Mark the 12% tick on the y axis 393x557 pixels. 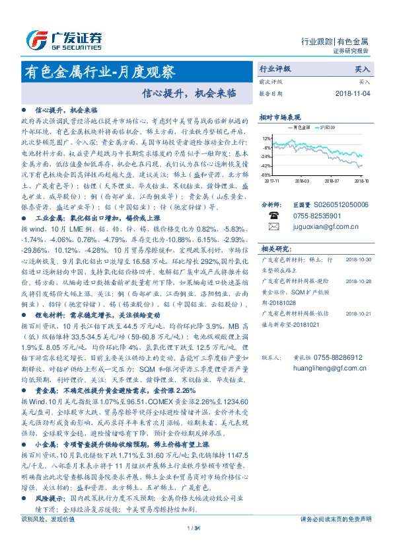click(266, 139)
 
